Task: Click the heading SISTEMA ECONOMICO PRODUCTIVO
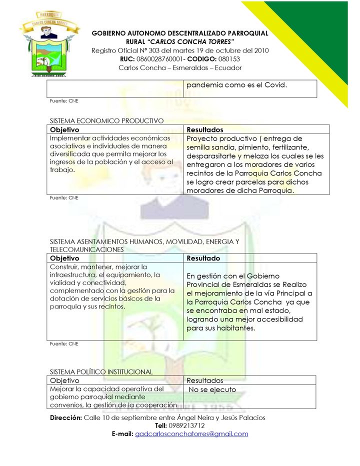tap(106, 120)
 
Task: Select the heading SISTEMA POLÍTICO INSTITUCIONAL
tap(101, 371)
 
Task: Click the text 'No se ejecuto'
tap(212, 389)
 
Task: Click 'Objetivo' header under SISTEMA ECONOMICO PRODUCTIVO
tap(64, 129)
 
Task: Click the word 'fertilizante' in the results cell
tap(287, 147)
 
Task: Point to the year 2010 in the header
tap(260, 50)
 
